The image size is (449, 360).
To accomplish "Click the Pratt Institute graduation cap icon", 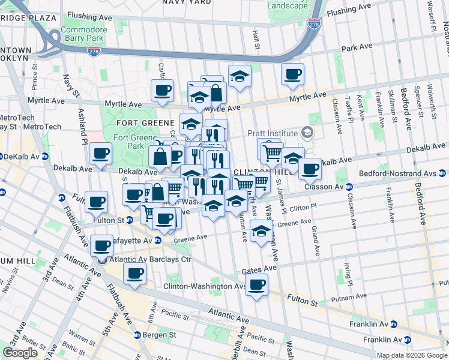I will coord(308,132).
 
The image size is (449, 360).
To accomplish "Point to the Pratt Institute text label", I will coord(273,133).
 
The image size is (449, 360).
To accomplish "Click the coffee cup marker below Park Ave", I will coord(292,74).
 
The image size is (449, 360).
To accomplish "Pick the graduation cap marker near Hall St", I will coord(240,76).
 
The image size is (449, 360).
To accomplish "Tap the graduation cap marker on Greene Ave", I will coord(261,230).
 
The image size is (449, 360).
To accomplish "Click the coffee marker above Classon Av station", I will coord(310,169).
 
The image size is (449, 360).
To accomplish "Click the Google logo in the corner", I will coord(20,353).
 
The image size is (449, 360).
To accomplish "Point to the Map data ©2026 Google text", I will coord(411,355).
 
